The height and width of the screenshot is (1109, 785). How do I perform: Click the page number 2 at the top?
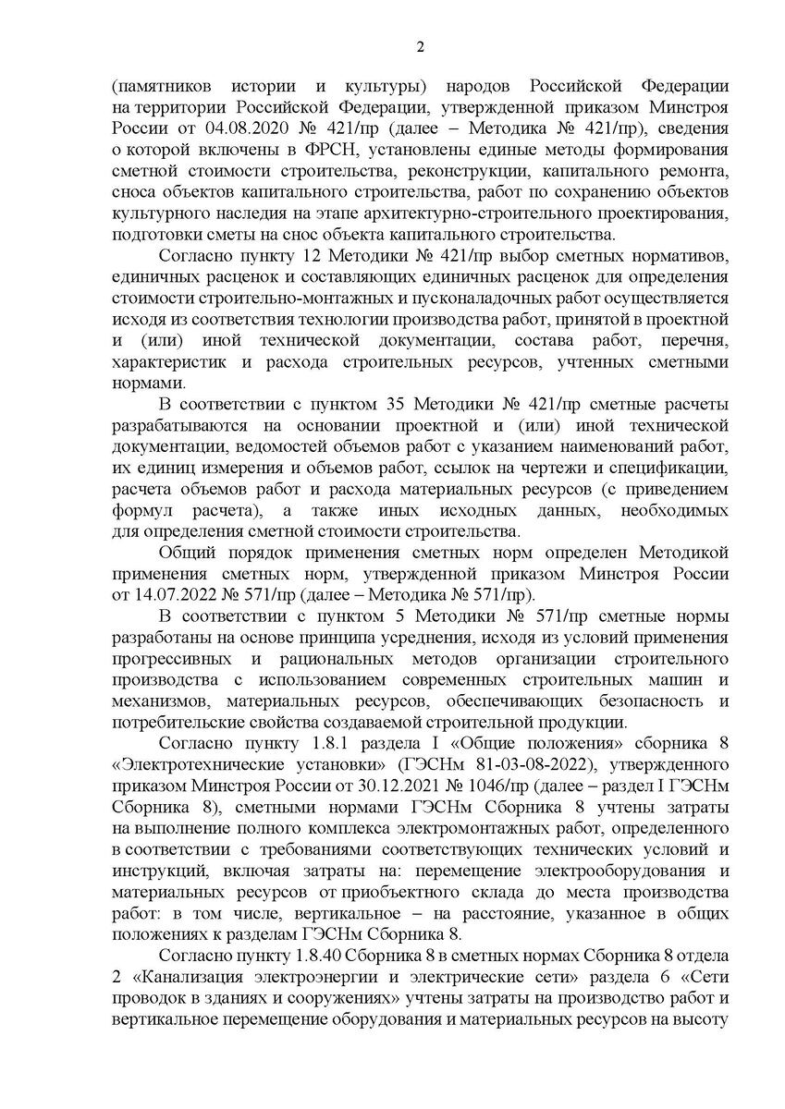(x=419, y=47)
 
